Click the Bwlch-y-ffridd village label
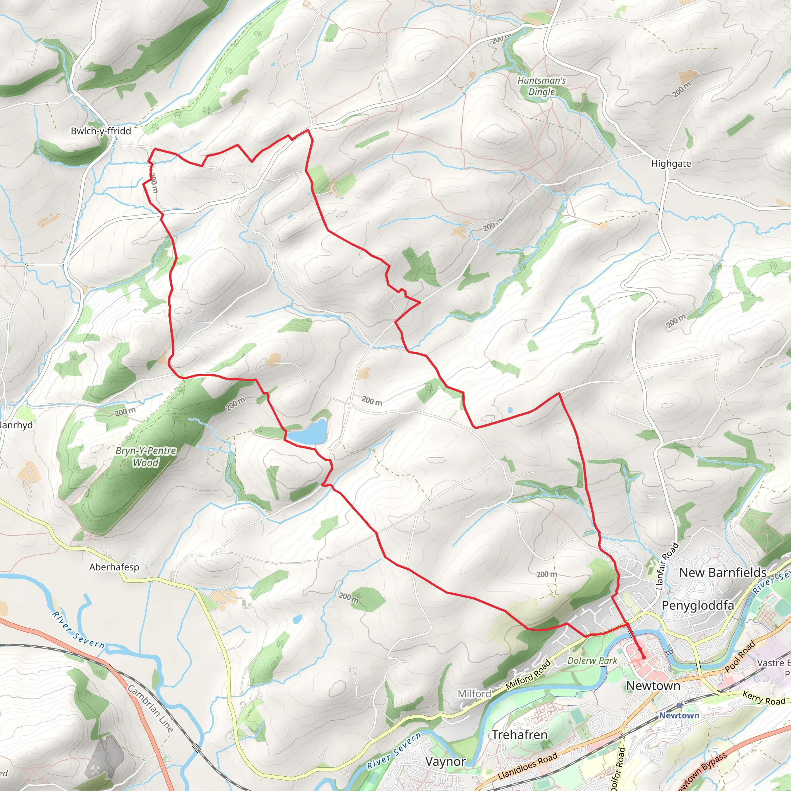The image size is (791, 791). (x=101, y=131)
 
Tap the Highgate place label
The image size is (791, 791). (x=671, y=164)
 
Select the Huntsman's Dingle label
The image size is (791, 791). (x=541, y=86)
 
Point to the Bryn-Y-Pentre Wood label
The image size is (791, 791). (x=146, y=457)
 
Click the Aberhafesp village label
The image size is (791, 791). (x=114, y=567)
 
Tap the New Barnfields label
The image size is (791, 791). (x=723, y=572)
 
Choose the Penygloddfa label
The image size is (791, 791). (x=698, y=605)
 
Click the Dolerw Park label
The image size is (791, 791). (x=592, y=660)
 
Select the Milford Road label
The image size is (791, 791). (x=528, y=674)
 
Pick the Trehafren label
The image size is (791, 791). (x=519, y=735)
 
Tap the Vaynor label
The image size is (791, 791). (x=445, y=762)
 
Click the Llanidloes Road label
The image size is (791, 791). (x=528, y=766)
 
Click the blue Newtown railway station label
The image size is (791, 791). (x=679, y=715)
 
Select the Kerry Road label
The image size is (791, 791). (x=764, y=698)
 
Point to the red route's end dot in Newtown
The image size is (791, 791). (x=643, y=657)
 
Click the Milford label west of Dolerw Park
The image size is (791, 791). (x=474, y=694)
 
